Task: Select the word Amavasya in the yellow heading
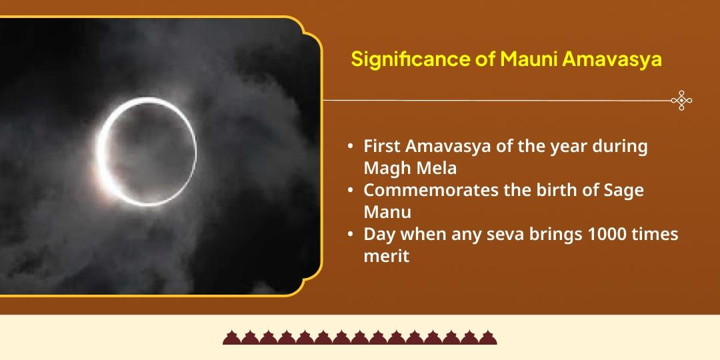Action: coord(611,59)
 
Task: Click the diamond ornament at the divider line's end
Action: coord(681,101)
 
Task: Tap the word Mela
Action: coord(434,167)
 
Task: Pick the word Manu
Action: coord(387,212)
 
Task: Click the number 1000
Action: coord(591,235)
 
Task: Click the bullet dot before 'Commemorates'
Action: coord(350,191)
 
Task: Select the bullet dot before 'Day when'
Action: coord(350,235)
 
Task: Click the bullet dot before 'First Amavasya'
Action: coord(350,147)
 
